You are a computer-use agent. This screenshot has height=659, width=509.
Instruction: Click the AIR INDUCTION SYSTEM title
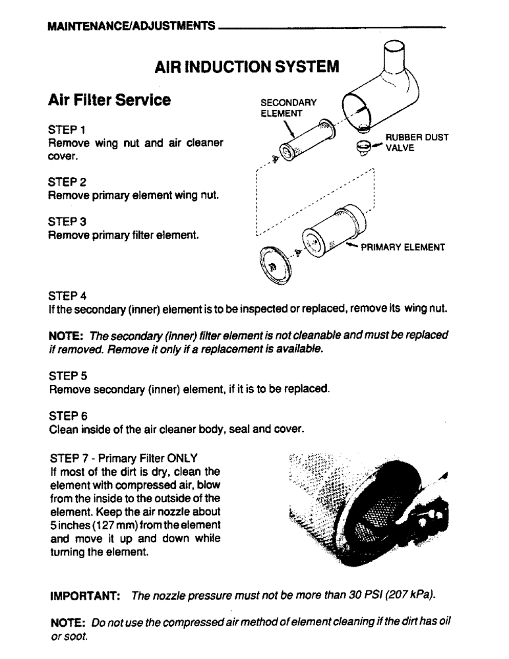pyautogui.click(x=247, y=67)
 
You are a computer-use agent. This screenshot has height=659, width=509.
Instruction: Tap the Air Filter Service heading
pyautogui.click(x=109, y=100)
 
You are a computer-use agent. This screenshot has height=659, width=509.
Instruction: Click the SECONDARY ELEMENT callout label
pyautogui.click(x=288, y=107)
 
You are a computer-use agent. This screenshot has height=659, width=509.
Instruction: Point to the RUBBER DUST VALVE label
pyautogui.click(x=417, y=142)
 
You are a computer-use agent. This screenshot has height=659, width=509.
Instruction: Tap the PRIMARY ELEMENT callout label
pyautogui.click(x=402, y=248)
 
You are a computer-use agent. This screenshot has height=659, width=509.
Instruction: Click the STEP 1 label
pyautogui.click(x=67, y=129)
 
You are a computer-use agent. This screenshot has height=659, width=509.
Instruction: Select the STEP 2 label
pyautogui.click(x=67, y=181)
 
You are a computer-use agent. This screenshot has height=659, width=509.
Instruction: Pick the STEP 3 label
pyautogui.click(x=67, y=221)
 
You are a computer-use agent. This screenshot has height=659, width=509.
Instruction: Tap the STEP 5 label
pyautogui.click(x=67, y=375)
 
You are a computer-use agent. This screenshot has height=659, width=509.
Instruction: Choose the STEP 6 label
pyautogui.click(x=67, y=416)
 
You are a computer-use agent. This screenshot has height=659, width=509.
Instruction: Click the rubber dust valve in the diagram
pyautogui.click(x=362, y=146)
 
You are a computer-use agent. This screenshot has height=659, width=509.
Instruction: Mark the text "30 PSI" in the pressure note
pyautogui.click(x=359, y=596)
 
